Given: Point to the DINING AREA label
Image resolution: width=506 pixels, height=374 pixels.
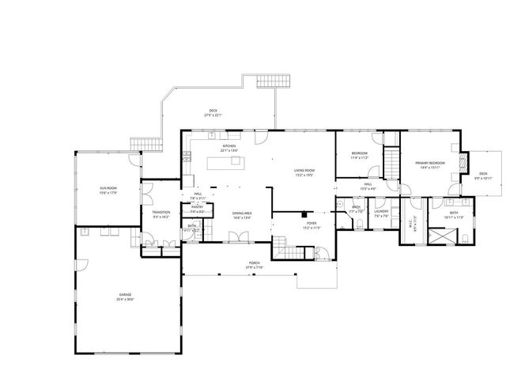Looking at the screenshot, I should pos(242,213).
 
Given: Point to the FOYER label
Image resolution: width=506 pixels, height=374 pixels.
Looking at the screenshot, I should pos(312,223).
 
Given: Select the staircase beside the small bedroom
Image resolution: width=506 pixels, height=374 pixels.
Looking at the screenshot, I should pos(391,167).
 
